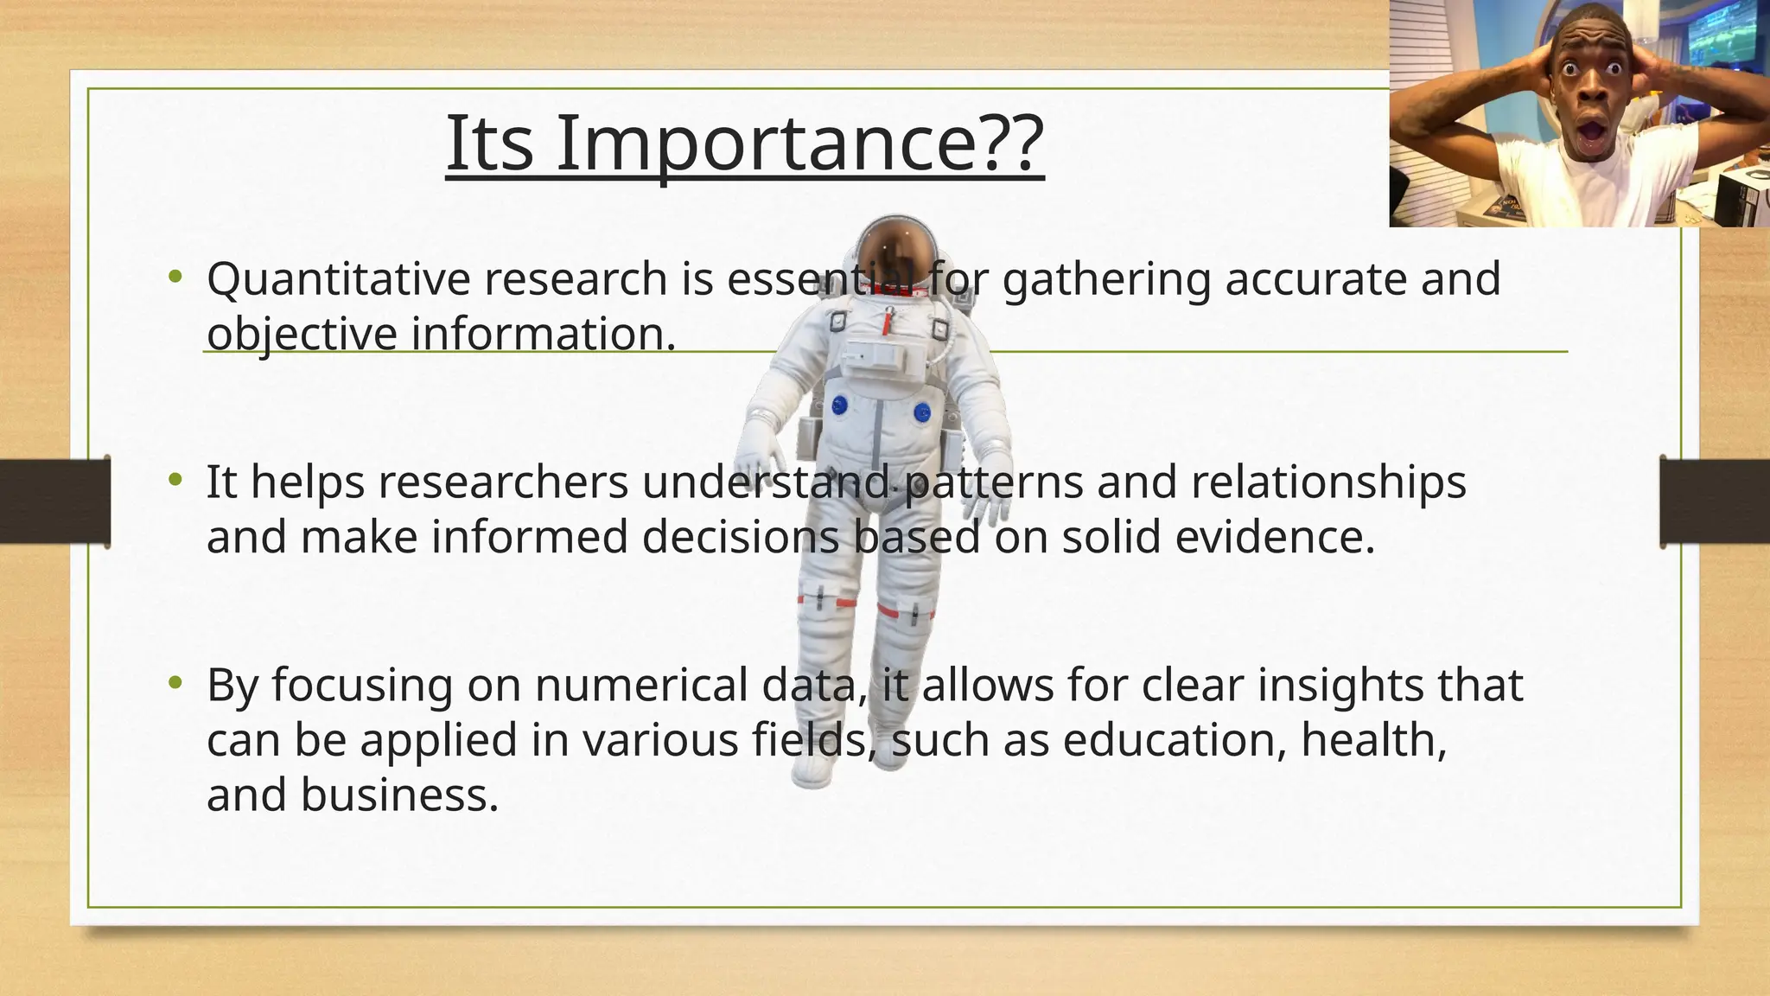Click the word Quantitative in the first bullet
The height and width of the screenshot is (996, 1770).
pos(339,280)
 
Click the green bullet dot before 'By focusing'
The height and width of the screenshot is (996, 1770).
pos(176,682)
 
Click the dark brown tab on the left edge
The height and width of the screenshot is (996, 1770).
pos(54,501)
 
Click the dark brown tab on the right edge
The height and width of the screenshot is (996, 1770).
pos(1715,501)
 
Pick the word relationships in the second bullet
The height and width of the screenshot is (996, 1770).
pos(1328,482)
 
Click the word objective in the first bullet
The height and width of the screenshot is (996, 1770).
pos(301,335)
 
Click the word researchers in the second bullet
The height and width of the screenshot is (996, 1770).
pos(504,482)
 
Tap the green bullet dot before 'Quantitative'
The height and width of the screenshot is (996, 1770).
pos(176,277)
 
